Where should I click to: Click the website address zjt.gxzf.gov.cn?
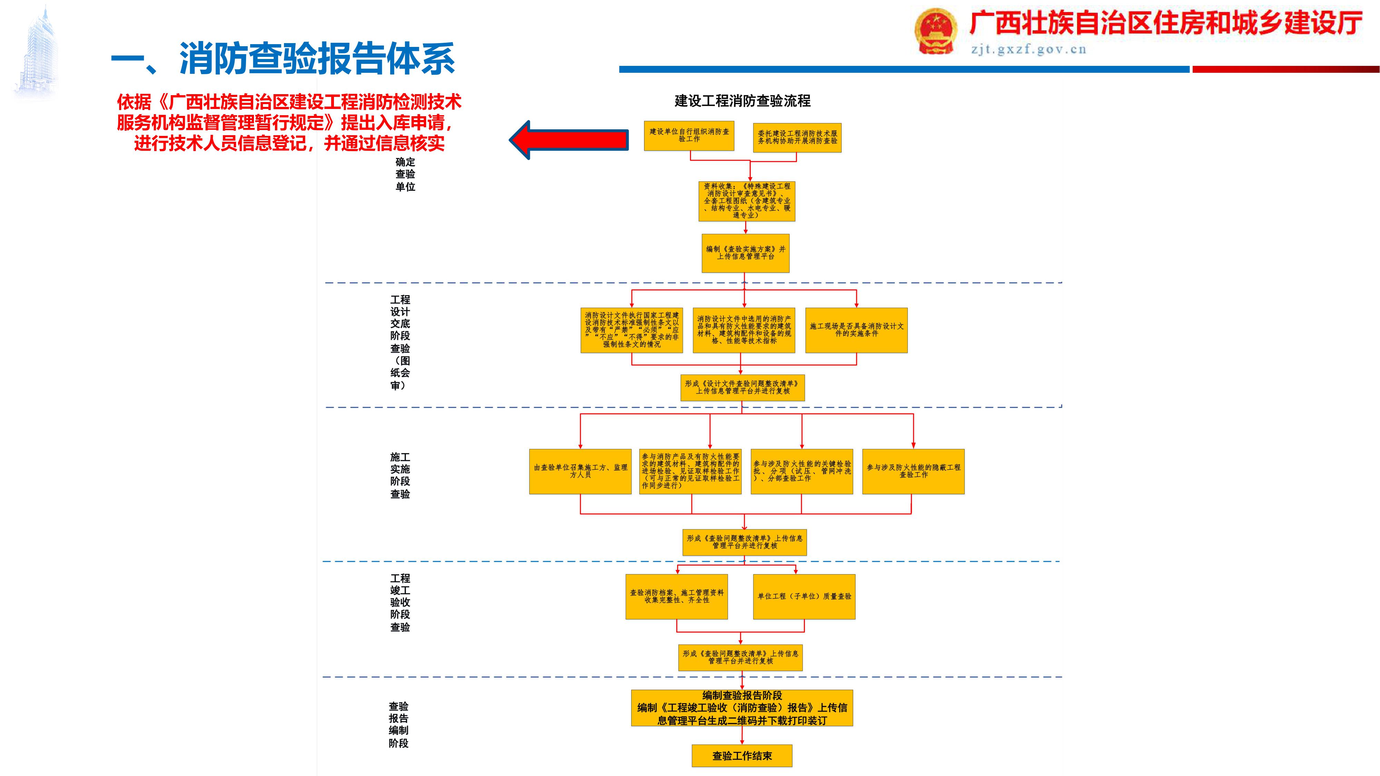pyautogui.click(x=1028, y=50)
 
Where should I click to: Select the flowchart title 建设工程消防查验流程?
pyautogui.click(x=742, y=101)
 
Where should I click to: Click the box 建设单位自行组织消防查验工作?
pyautogui.click(x=689, y=136)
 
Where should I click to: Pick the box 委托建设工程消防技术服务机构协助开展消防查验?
pyautogui.click(x=797, y=138)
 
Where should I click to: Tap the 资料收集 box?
pyautogui.click(x=747, y=201)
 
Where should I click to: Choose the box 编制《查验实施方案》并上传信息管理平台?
pyautogui.click(x=746, y=253)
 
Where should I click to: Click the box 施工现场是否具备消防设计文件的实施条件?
pyautogui.click(x=856, y=330)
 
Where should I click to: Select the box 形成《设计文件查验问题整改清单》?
pyautogui.click(x=742, y=387)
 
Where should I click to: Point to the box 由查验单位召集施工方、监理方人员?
pyautogui.click(x=580, y=471)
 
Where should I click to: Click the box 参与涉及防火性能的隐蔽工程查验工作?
pyautogui.click(x=914, y=471)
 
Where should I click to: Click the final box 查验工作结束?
pyautogui.click(x=742, y=756)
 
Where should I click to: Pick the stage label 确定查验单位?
pyautogui.click(x=405, y=174)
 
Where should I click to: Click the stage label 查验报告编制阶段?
pyautogui.click(x=398, y=725)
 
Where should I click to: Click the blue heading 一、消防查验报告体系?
pyautogui.click(x=283, y=59)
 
